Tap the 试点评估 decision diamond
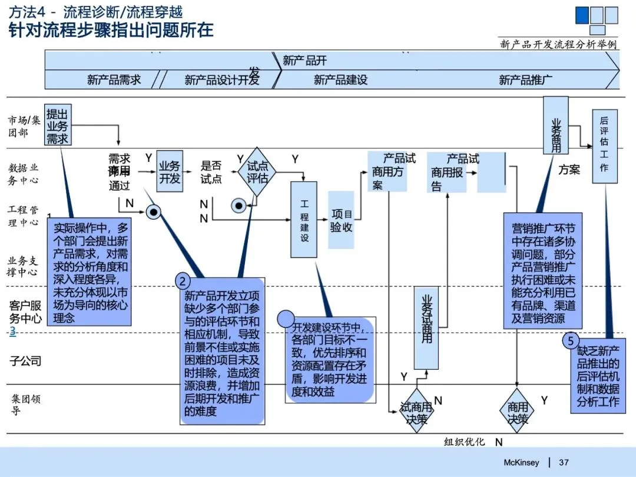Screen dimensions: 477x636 point(257,171)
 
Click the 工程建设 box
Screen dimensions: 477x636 point(304,219)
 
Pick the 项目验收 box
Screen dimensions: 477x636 point(341,220)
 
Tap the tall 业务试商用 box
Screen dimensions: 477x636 point(427,327)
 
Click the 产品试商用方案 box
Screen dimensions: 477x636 point(387,171)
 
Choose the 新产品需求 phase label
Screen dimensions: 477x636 point(114,79)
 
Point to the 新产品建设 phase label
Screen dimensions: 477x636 point(340,79)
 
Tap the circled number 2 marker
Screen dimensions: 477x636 point(183,281)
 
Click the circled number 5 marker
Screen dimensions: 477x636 point(570,340)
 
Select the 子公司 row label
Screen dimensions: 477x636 point(25,360)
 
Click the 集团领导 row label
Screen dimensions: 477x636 point(26,404)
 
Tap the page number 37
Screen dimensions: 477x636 point(564,462)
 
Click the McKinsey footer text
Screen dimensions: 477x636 point(521,462)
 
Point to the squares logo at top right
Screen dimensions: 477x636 point(597,19)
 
